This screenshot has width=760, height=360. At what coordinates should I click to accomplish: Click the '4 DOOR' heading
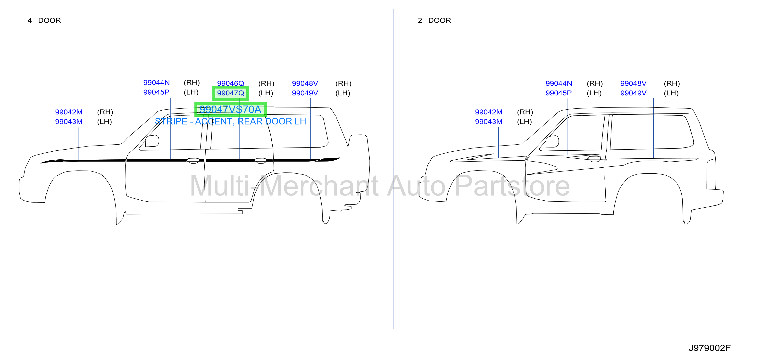44,20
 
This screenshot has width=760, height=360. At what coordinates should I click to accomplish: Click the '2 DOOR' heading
434,20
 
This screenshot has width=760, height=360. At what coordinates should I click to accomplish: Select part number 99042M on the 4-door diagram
69,112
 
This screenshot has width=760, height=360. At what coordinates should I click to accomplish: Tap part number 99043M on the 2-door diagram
489,122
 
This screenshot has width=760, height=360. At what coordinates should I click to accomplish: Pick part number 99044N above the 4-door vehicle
156,82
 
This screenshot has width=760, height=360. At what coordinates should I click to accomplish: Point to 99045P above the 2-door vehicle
559,93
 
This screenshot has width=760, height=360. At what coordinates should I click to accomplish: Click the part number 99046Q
230,83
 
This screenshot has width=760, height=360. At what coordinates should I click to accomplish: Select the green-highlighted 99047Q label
231,93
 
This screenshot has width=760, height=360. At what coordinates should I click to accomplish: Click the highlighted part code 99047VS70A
230,109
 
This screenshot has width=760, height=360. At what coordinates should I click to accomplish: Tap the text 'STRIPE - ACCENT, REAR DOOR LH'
230,121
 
